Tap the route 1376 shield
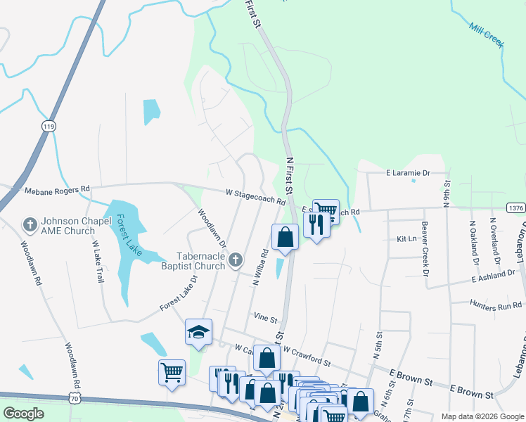[515, 207]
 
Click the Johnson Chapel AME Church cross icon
[30, 224]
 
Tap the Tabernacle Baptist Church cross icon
[236, 260]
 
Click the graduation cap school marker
[198, 331]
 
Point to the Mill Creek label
[487, 34]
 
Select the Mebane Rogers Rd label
[58, 189]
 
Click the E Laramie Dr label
[407, 172]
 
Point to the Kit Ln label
[407, 239]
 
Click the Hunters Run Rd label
[496, 305]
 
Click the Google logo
[23, 414]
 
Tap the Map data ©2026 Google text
[482, 416]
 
